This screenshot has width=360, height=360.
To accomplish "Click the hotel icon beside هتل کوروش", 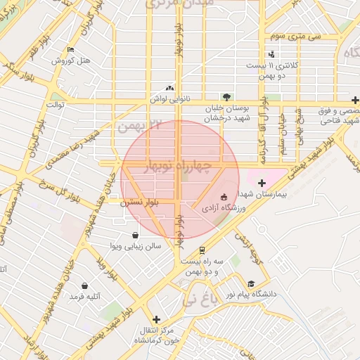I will pos(70,50).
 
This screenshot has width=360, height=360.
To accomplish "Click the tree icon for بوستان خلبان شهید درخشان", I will pos(226,97).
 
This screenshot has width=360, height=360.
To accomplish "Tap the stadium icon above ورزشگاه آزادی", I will pos(224,197).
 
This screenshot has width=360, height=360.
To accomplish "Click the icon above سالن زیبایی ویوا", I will pos(134,235).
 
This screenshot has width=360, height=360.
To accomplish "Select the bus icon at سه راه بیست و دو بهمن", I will pos(202,250).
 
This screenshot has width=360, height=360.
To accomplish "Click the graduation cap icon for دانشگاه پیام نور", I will pos(250,283).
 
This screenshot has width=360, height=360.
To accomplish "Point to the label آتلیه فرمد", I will pos(84,297).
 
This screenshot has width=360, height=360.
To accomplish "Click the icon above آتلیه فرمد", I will pos(84,285).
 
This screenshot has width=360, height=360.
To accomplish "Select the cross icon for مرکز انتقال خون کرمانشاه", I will pos(156,319).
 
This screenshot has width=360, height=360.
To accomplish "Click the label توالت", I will pos(56,105).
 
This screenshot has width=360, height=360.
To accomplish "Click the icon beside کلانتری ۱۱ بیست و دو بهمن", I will pos(271,54).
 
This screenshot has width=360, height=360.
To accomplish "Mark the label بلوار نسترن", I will pos(139,202).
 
